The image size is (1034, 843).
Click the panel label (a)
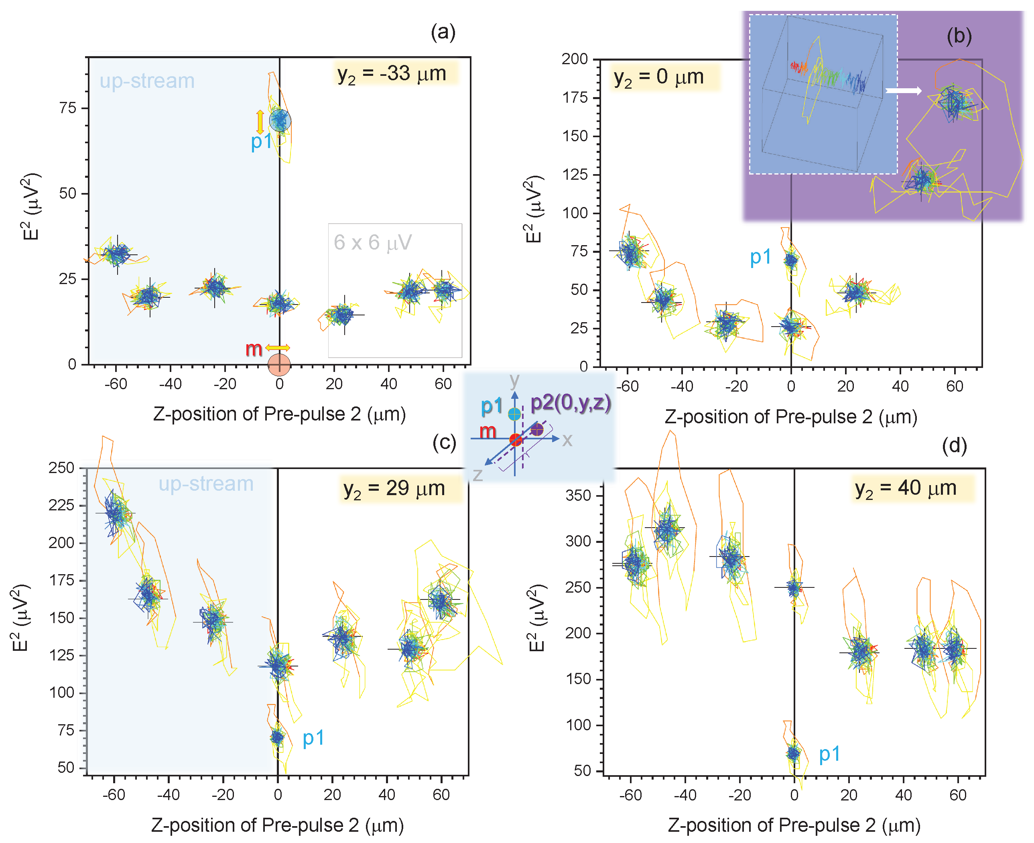[443, 33]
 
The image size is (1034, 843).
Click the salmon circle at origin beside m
[279, 365]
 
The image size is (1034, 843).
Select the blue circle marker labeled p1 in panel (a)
[280, 120]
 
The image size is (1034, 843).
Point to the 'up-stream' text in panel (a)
[147, 81]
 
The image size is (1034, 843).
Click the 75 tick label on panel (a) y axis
[67, 108]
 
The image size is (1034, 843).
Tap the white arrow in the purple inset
[903, 91]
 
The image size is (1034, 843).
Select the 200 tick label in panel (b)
[575, 59]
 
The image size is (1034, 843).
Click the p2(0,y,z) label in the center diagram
[570, 402]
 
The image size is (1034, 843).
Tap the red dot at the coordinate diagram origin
[516, 440]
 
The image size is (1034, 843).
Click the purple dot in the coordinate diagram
[537, 430]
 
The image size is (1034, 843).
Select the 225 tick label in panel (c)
[61, 506]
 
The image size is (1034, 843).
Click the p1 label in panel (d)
[829, 754]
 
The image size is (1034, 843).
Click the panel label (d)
[954, 446]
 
